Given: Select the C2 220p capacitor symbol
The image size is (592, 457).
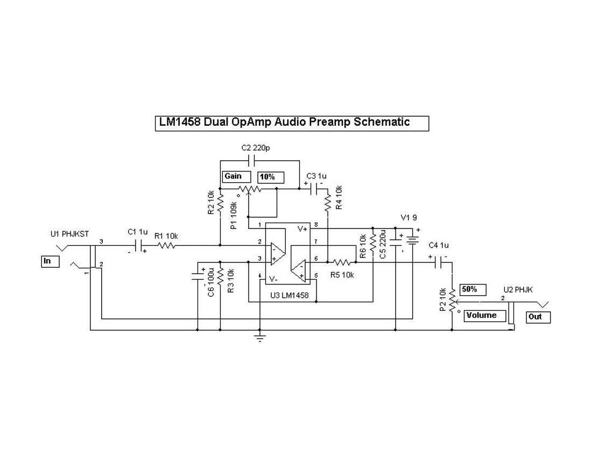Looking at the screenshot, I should [x=251, y=160].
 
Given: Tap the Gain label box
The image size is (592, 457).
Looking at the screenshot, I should [x=236, y=176].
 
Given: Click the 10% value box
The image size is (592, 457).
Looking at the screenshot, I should [x=270, y=176].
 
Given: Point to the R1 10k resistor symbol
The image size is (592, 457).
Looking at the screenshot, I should [x=166, y=246].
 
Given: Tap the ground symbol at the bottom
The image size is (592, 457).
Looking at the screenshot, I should [x=260, y=338].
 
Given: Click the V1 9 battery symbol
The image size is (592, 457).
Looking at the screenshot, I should [x=412, y=239].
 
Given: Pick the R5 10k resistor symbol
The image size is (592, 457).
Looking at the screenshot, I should [x=342, y=262].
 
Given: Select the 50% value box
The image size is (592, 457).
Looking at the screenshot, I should [x=473, y=289].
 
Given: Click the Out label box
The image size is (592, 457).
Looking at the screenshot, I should [x=539, y=317].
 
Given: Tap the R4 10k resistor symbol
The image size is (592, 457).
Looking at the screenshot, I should [x=328, y=204].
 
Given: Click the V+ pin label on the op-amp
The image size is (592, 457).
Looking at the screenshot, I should [x=302, y=229].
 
